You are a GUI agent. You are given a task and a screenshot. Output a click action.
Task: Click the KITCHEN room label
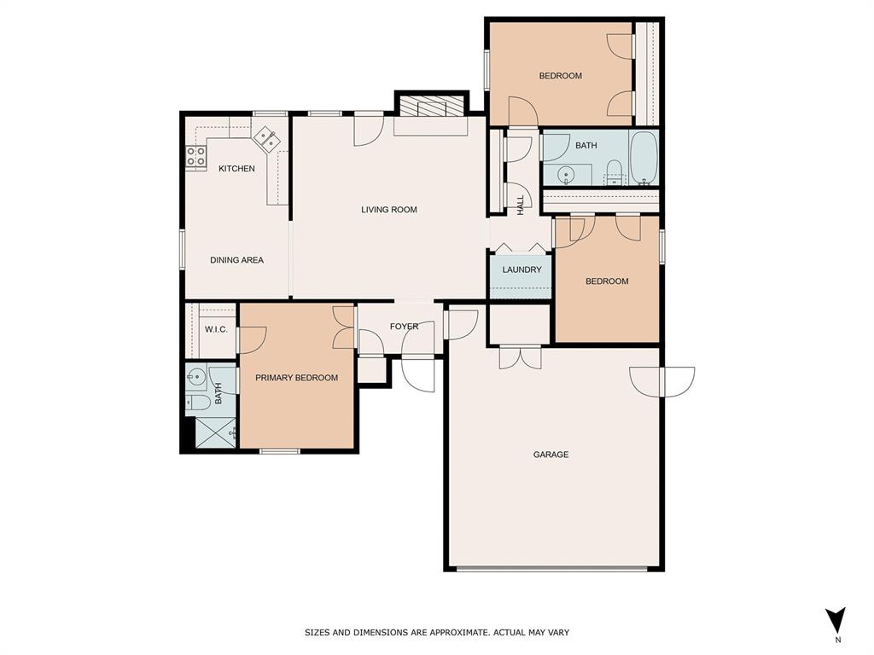tap(236, 169)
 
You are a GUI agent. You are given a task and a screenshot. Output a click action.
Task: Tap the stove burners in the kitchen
tap(196, 157)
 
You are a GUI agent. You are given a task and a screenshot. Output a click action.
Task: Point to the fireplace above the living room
tap(431, 107)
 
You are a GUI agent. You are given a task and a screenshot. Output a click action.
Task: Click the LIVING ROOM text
tap(389, 210)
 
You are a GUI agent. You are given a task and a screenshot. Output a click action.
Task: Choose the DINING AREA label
tap(236, 260)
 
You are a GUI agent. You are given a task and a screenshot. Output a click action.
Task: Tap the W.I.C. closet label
tap(216, 329)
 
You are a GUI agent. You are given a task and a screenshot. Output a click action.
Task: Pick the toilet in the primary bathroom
tap(195, 403)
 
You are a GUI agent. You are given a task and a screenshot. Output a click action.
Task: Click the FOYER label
tap(404, 327)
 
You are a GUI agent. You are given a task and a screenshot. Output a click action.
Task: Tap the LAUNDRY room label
tap(521, 270)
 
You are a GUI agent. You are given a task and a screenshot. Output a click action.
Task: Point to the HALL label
tap(520, 205)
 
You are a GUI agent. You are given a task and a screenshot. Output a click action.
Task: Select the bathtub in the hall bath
tap(644, 158)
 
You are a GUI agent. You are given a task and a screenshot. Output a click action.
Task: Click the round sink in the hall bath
tap(566, 176)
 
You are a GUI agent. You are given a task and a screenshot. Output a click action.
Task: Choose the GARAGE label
tap(551, 455)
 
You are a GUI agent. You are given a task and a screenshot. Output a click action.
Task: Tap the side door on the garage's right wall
tap(661, 381)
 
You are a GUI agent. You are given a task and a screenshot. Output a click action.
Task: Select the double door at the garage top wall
tap(520, 356)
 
